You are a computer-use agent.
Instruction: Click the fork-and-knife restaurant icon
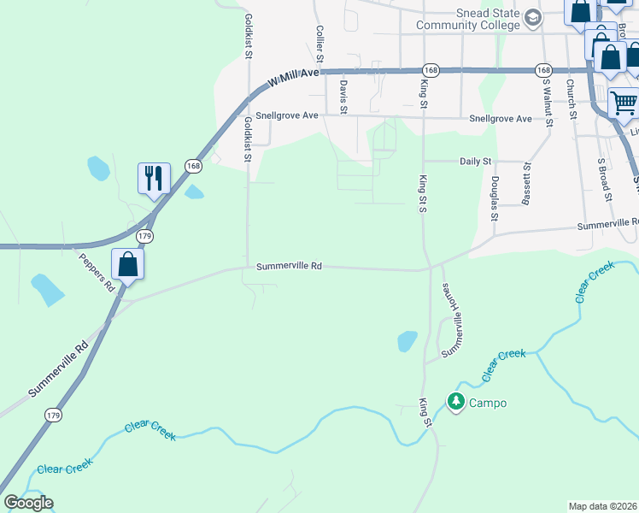(x=154, y=178)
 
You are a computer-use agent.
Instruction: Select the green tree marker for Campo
(x=456, y=401)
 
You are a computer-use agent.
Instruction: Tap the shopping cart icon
(x=624, y=103)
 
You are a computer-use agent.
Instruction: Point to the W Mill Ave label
(x=292, y=79)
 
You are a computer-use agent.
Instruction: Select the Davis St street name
(x=343, y=95)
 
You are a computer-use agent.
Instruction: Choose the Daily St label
(x=476, y=161)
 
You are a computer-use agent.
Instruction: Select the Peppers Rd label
(x=96, y=272)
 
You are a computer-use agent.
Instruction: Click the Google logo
(x=28, y=503)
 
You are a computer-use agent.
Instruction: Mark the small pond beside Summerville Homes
(x=407, y=342)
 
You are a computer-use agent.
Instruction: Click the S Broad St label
(x=605, y=180)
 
